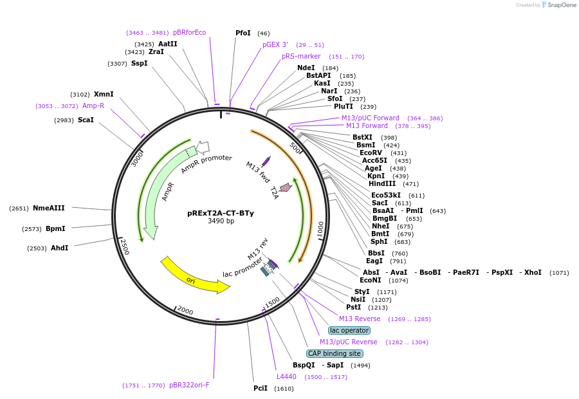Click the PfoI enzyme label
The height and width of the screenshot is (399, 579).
pyautogui.click(x=243, y=33)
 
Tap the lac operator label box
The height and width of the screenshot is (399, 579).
pyautogui.click(x=349, y=330)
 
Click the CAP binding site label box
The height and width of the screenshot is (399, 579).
pyautogui.click(x=335, y=353)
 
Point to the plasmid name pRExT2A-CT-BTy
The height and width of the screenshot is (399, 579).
pyautogui.click(x=221, y=213)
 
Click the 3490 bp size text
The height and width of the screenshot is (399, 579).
pyautogui.click(x=221, y=221)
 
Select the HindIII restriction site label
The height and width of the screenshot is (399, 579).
pyautogui.click(x=382, y=183)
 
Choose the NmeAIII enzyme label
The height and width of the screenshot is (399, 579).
pyautogui.click(x=49, y=208)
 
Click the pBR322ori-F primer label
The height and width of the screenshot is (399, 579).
pyautogui.click(x=189, y=385)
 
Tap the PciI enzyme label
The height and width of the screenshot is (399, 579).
pyautogui.click(x=261, y=388)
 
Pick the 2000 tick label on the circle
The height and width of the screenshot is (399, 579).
pyautogui.click(x=185, y=311)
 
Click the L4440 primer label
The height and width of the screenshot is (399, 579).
pyautogui.click(x=287, y=376)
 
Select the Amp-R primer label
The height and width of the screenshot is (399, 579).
pyautogui.click(x=93, y=106)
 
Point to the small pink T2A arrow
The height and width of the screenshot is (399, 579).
pyautogui.click(x=285, y=187)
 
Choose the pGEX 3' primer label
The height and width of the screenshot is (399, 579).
pyautogui.click(x=275, y=44)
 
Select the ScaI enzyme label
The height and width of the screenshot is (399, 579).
pyautogui.click(x=86, y=120)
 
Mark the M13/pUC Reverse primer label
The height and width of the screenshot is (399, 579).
pyautogui.click(x=348, y=342)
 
